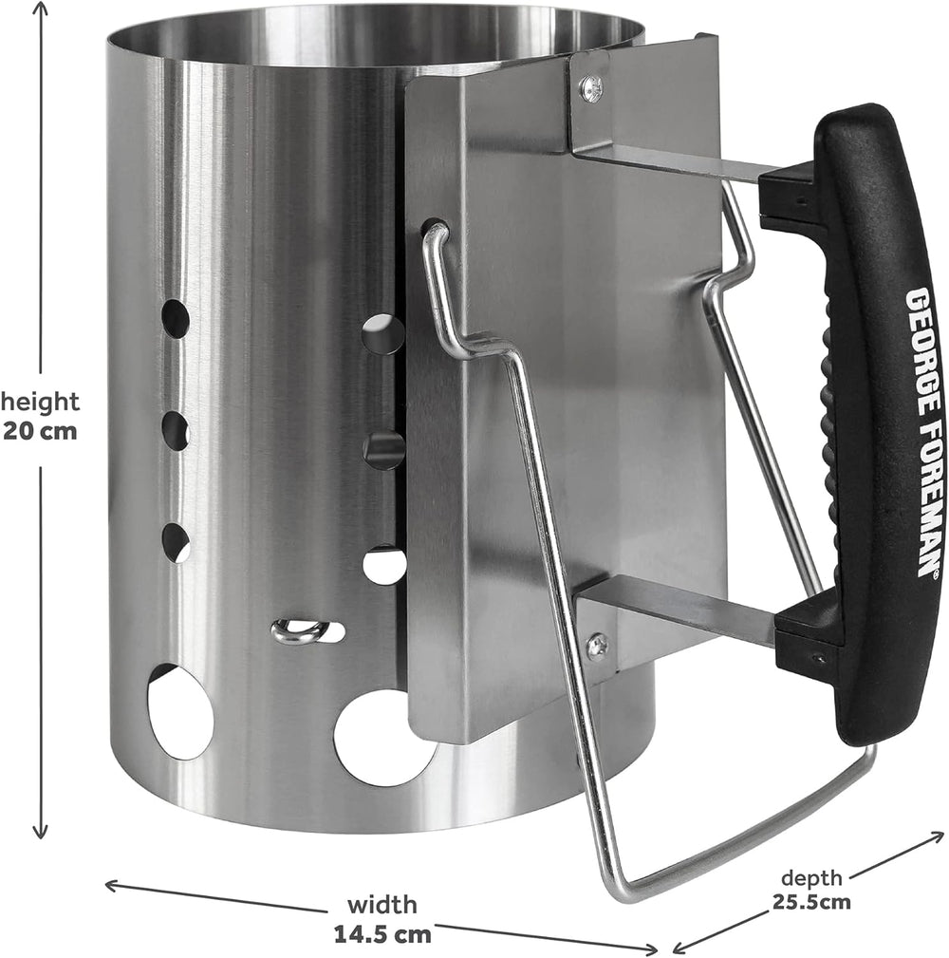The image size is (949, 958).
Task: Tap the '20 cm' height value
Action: (x=40, y=431)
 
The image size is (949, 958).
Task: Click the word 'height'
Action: (x=40, y=402)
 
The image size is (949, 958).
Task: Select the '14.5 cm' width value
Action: (x=382, y=933)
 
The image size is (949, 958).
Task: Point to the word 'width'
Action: (x=382, y=904)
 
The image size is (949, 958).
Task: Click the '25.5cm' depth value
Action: (x=811, y=901)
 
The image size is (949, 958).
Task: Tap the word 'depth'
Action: (x=811, y=878)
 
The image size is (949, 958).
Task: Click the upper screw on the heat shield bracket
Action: (x=591, y=85)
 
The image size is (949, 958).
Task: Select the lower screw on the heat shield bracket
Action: (x=596, y=645)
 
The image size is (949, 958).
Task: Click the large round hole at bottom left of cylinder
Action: (x=179, y=712)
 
